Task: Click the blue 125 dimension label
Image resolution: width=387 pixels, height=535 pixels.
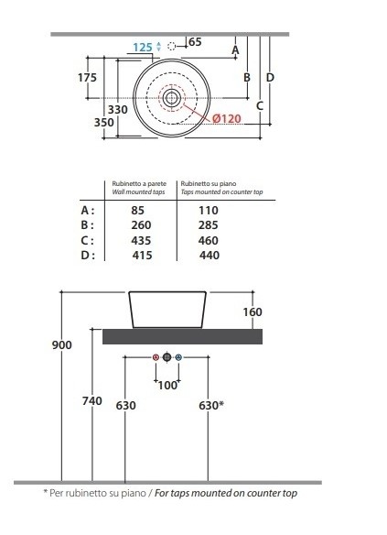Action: coord(143,47)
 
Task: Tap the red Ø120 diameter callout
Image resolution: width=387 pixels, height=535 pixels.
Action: coord(227,119)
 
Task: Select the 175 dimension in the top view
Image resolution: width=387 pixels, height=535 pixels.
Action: coord(87,78)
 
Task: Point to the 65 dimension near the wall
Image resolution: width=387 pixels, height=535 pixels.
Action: coord(195,42)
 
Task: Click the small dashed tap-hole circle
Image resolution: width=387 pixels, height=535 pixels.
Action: coord(172,46)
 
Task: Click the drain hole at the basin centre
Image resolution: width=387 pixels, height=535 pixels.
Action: coord(171,98)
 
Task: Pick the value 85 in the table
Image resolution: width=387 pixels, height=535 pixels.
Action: coord(137,210)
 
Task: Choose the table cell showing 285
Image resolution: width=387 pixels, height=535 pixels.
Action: coord(209,225)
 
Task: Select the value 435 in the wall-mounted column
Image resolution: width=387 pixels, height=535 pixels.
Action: coord(141,241)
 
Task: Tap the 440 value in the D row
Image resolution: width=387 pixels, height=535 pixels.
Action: coord(210,256)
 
